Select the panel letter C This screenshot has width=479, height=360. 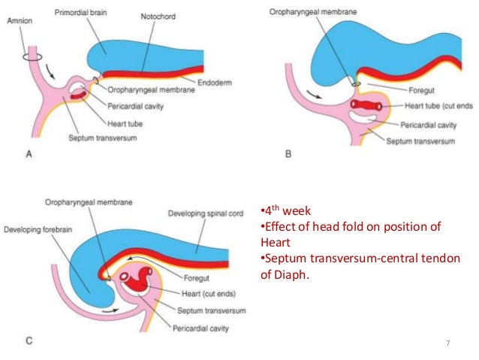point(29,341)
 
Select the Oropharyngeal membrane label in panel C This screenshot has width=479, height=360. point(91,202)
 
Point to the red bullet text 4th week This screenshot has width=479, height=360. point(284,210)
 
